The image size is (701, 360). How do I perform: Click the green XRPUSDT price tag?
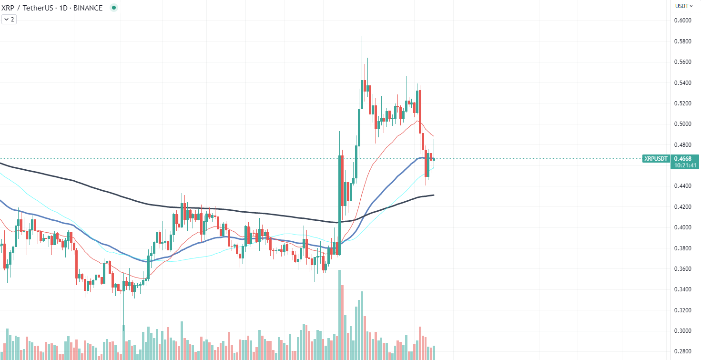[x=656, y=158]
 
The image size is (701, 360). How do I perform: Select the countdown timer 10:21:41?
[x=685, y=165]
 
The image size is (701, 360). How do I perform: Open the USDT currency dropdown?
[x=683, y=6]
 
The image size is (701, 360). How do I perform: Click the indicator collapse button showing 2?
[x=9, y=20]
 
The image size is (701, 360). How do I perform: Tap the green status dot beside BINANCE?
[x=113, y=8]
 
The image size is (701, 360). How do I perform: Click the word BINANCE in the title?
[x=87, y=8]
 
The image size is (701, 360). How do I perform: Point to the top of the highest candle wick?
[x=362, y=36]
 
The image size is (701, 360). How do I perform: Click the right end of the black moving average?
[x=433, y=195]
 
